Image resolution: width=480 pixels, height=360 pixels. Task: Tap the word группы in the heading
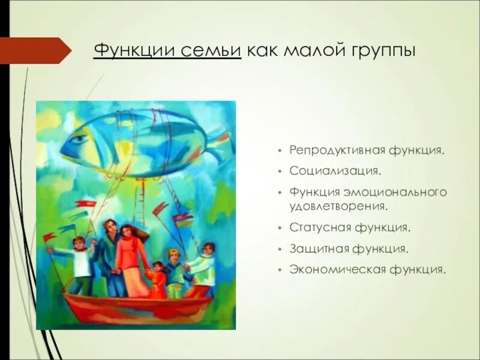380,50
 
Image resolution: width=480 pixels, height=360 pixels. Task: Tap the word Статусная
319,228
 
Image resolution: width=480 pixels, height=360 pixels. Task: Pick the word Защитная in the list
319,248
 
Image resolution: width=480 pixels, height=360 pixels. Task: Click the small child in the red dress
158,279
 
